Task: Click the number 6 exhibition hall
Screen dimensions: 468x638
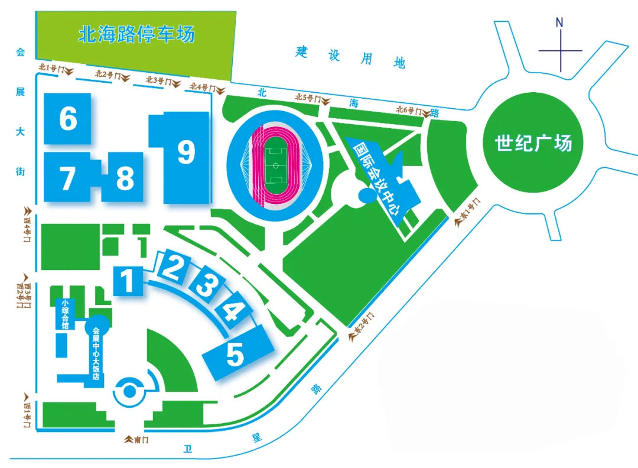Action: [68, 119]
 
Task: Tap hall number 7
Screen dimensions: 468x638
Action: [67, 178]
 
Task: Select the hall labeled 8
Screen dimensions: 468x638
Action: [124, 178]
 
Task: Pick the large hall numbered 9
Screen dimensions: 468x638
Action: [185, 153]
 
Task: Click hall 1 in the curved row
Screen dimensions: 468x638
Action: [127, 280]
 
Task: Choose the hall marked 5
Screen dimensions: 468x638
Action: [235, 355]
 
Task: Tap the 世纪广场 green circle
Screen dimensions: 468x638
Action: [533, 143]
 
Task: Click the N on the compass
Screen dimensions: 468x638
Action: [559, 23]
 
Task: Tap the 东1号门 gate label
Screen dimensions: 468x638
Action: [468, 213]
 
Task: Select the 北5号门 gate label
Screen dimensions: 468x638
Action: [309, 98]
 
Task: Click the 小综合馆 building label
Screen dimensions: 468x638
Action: [64, 314]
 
